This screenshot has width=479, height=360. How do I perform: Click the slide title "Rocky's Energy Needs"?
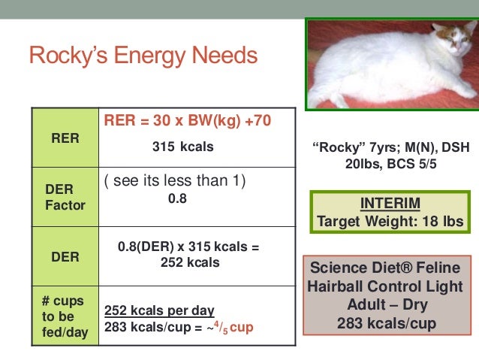[143, 56]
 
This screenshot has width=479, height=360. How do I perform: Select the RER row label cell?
[64, 138]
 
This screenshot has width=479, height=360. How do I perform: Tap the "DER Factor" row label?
[64, 197]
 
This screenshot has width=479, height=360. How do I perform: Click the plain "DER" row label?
[64, 256]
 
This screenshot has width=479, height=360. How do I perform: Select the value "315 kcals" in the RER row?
[182, 147]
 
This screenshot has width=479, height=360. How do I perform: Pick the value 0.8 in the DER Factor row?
[177, 199]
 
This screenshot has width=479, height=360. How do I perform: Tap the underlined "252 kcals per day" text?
[159, 310]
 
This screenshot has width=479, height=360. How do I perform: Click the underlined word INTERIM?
[388, 204]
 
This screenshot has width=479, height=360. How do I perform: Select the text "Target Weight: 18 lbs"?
[389, 222]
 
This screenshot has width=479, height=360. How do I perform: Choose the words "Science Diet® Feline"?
[386, 268]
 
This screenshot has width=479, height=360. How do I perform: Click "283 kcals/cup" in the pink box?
[387, 324]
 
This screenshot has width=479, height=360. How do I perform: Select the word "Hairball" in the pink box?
[333, 286]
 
